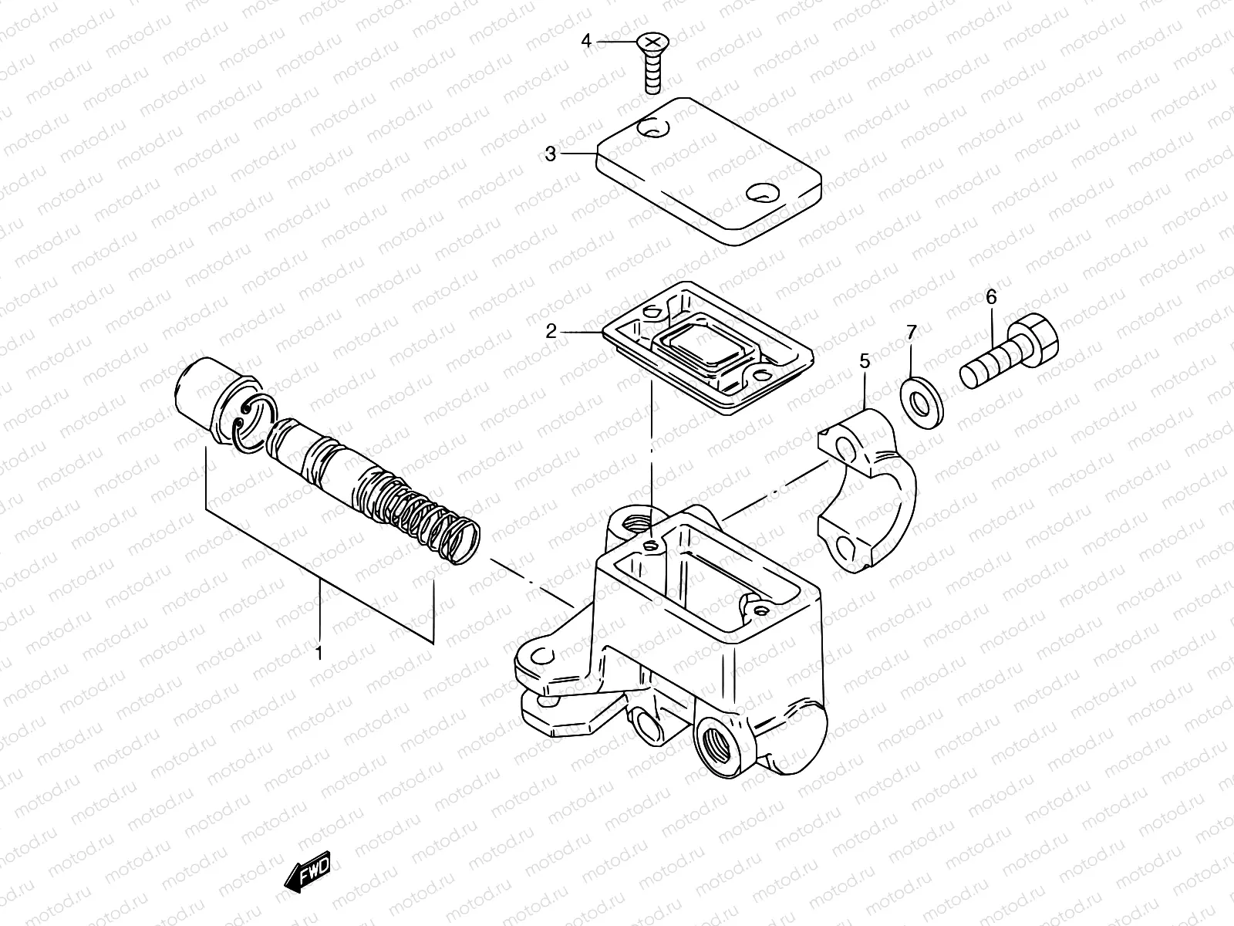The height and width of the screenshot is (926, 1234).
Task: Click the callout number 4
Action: tap(586, 41)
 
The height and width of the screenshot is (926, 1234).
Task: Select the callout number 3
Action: tap(550, 154)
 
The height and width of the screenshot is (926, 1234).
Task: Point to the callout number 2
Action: tap(572, 332)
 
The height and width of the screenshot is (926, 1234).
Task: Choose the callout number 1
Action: tap(319, 654)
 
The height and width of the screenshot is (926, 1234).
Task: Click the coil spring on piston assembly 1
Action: tap(432, 521)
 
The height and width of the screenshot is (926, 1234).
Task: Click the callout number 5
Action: tap(865, 360)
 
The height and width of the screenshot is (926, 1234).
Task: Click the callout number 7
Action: tap(912, 333)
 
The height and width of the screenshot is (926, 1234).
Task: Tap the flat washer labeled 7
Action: tap(921, 402)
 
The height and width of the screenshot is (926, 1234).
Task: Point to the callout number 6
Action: tap(991, 296)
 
